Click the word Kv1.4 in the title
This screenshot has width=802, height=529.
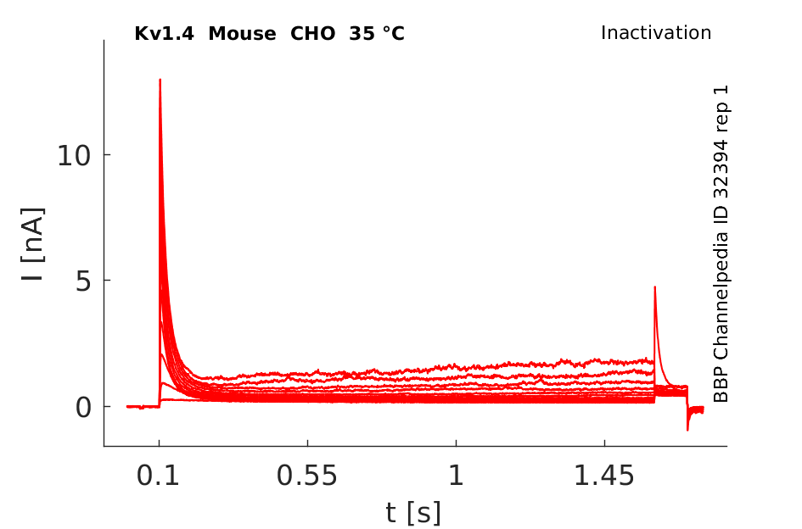tap(164, 34)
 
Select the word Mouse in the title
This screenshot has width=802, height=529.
tap(242, 34)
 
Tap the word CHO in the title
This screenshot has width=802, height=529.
tap(312, 34)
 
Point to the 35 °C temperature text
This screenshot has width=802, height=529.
tap(377, 34)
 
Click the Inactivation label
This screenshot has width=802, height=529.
tap(656, 33)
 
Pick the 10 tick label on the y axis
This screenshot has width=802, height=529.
tap(74, 155)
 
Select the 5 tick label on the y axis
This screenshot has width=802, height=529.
tap(83, 281)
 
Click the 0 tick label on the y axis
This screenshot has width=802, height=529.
tap(83, 408)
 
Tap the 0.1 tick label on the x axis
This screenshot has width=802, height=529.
tap(158, 476)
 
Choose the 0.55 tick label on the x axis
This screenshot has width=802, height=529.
tap(307, 476)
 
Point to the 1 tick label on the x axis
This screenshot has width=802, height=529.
tap(457, 476)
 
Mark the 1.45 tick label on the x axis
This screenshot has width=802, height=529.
tap(604, 476)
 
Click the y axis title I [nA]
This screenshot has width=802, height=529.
tap(34, 244)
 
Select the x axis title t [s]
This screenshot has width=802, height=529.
tap(412, 512)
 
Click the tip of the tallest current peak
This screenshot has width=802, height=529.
tap(160, 80)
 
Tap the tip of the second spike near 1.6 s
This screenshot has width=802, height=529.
tap(654, 287)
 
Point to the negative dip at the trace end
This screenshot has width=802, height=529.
tap(687, 429)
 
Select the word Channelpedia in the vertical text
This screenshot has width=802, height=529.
tap(721, 295)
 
